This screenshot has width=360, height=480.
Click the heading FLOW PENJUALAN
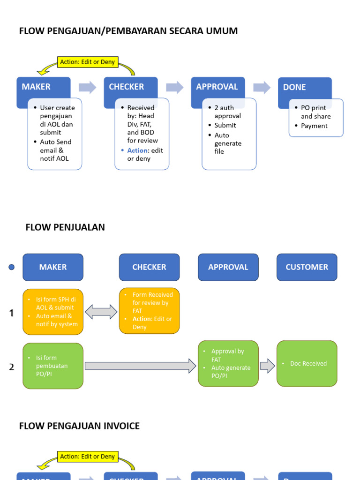point(65,227)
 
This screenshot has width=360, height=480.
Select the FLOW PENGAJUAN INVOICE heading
point(79,426)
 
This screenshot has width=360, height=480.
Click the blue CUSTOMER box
point(307,267)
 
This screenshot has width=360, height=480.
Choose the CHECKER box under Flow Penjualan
point(149,267)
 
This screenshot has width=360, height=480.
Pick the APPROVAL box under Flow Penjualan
point(228,267)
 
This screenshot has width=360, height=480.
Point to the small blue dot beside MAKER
point(12,267)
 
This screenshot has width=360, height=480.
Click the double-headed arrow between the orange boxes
point(101,312)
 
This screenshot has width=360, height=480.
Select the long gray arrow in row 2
point(140,366)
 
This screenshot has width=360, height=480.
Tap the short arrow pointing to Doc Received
point(267,366)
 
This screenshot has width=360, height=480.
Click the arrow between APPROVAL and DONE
point(262,87)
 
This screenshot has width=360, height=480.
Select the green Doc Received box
point(307,364)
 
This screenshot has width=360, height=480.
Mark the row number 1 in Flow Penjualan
point(12,313)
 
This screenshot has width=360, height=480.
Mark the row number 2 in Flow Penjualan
point(12,367)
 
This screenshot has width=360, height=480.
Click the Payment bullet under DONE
point(314,126)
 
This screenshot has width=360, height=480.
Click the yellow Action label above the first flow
point(88,62)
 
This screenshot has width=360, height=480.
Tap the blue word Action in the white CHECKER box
point(137,150)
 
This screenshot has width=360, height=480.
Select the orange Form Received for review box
point(149,311)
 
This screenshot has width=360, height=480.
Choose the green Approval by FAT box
point(228,364)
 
